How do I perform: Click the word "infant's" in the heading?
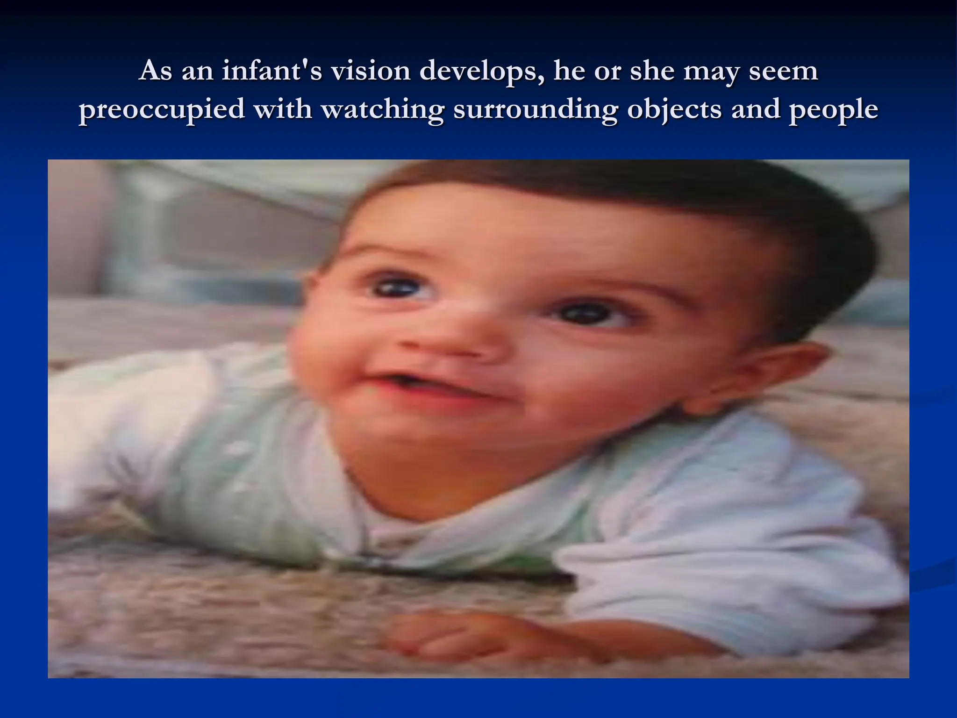click(x=271, y=72)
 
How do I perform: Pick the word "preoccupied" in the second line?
click(x=162, y=110)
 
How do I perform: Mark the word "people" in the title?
click(x=834, y=110)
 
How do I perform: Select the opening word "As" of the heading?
click(x=156, y=72)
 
